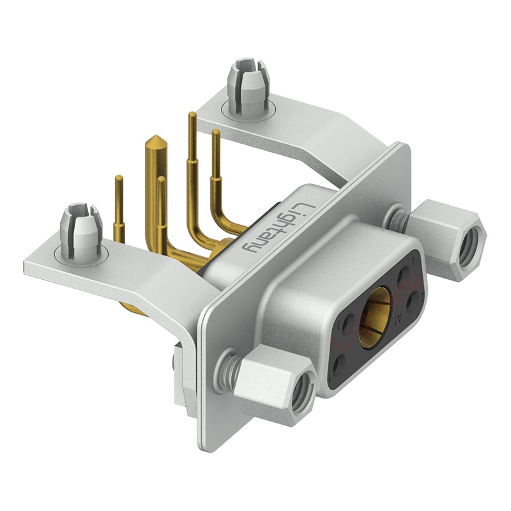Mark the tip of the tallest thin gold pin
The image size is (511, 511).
(x=191, y=115)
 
